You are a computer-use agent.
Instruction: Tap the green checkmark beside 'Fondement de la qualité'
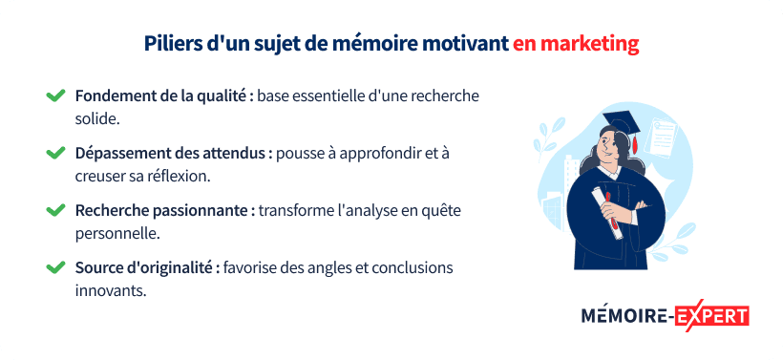pos(55,96)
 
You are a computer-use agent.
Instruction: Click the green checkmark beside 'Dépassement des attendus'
pos(55,153)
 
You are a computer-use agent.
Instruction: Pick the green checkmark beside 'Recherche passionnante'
pos(55,209)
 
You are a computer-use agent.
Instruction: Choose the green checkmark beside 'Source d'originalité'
pos(55,266)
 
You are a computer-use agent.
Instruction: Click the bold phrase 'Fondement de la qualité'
pos(163,96)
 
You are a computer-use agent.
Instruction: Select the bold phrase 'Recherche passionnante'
pos(164,209)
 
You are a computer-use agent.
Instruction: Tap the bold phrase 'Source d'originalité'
pos(147,266)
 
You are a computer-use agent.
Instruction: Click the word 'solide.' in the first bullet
pos(97,119)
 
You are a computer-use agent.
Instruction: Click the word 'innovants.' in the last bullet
pos(110,289)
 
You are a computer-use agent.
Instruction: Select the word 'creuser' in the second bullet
pos(100,176)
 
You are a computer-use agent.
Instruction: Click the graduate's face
pos(612,152)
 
